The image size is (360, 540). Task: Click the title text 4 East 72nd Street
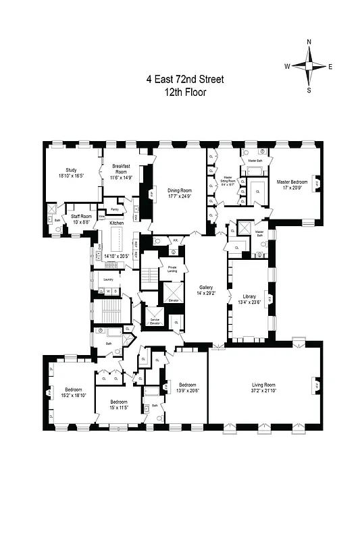coord(185,79)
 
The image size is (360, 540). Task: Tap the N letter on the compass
coord(309,42)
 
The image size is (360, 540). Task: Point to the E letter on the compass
coord(330,66)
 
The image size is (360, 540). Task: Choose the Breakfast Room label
coord(121,169)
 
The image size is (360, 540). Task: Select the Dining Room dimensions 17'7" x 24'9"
coord(180,196)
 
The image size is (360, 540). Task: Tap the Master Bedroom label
coord(292,182)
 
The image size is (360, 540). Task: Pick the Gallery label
coord(206,287)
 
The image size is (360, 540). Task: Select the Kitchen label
coord(117,223)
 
